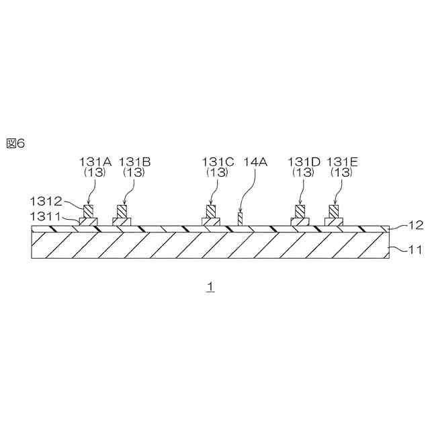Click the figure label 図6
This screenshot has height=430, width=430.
pyautogui.click(x=15, y=143)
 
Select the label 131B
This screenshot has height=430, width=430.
pyautogui.click(x=134, y=161)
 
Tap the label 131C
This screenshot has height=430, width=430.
pyautogui.click(x=217, y=161)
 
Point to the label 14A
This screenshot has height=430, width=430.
pyautogui.click(x=255, y=161)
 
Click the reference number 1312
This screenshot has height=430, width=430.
pyautogui.click(x=46, y=201)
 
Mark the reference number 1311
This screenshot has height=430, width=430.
pyautogui.click(x=46, y=216)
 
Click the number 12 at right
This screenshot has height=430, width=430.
pyautogui.click(x=416, y=226)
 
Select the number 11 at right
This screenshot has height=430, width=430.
pyautogui.click(x=416, y=249)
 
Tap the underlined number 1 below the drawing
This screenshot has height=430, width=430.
pyautogui.click(x=210, y=286)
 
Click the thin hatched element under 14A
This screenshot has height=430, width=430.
pyautogui.click(x=240, y=219)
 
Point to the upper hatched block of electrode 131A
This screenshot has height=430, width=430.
pyautogui.click(x=89, y=211)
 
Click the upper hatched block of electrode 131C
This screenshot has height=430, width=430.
pyautogui.click(x=212, y=211)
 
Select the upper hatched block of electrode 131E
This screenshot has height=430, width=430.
pyautogui.click(x=333, y=211)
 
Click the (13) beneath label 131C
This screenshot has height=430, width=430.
pyautogui.click(x=217, y=173)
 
